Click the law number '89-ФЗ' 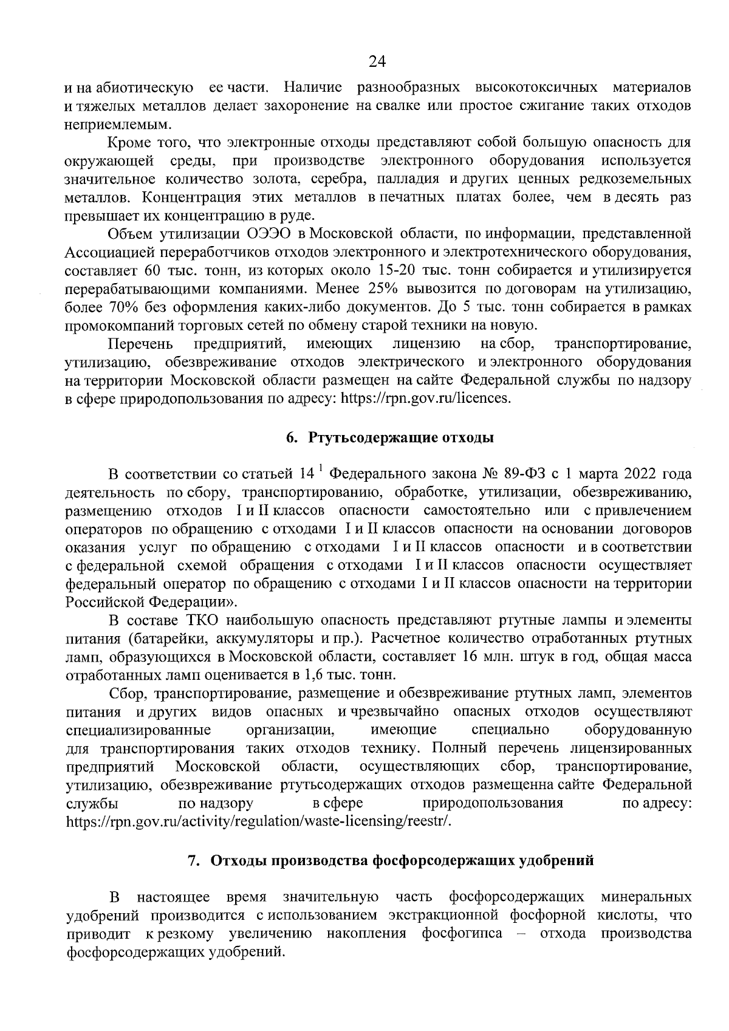point(525,474)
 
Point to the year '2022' point(636,474)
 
